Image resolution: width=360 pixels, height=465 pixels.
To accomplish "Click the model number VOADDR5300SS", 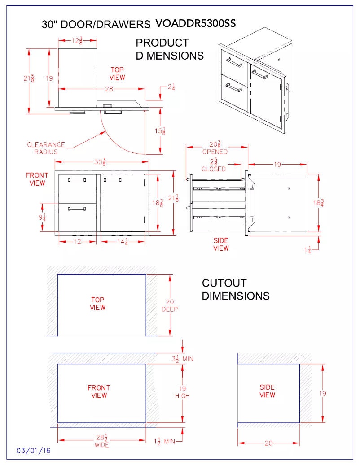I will click(195, 23).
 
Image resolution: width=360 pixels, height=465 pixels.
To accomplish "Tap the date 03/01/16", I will click(34, 451).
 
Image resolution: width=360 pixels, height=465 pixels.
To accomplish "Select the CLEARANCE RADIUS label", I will click(46, 148).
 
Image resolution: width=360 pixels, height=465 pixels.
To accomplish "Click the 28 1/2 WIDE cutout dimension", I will click(101, 440).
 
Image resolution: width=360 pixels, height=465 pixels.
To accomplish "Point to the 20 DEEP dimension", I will click(170, 305).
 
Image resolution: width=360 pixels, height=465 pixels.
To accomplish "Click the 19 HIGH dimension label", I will click(182, 392).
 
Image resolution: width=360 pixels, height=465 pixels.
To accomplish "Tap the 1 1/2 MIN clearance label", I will click(164, 441).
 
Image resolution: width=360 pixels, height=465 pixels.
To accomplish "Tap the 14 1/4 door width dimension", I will click(123, 242).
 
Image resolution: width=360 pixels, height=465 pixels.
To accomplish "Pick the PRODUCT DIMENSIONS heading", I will click(170, 49).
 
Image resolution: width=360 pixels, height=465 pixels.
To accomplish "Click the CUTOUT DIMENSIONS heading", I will click(236, 289).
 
